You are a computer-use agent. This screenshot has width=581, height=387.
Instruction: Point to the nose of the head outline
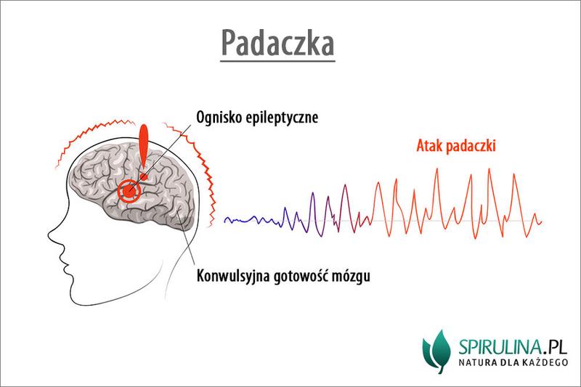coord(49,234)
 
